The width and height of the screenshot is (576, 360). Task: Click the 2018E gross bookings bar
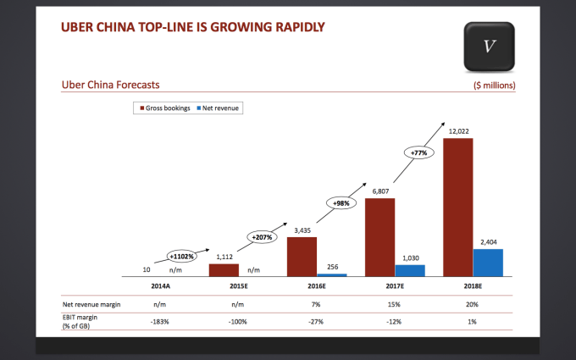tap(457, 208)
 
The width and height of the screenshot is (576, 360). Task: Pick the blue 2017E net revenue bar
tap(410, 270)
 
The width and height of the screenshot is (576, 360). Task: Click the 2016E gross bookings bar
tap(302, 257)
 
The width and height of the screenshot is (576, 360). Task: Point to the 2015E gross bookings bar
tap(224, 270)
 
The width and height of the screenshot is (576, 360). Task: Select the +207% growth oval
tap(261, 238)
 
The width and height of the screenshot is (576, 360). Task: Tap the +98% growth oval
tap(341, 202)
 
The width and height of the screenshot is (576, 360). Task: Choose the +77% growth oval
tap(419, 153)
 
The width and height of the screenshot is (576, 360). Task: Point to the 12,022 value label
tap(457, 131)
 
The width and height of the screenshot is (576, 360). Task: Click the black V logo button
tap(489, 45)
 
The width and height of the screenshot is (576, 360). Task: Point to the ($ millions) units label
tap(495, 86)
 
